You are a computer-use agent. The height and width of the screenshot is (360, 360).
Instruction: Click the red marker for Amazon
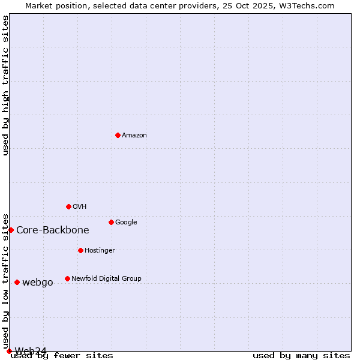[x=118, y=135]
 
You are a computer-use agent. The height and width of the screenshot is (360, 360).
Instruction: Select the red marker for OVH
[x=68, y=206]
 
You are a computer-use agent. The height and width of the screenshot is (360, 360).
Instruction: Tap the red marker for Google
[x=111, y=222]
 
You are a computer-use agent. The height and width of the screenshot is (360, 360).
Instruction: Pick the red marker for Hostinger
[x=80, y=250]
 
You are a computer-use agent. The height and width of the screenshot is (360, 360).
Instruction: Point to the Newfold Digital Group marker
[x=67, y=278]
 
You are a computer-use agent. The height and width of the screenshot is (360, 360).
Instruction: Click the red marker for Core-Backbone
[x=11, y=230]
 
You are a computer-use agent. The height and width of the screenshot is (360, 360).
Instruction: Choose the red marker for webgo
[x=17, y=282]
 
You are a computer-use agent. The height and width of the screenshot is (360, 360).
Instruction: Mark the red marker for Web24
[x=9, y=351]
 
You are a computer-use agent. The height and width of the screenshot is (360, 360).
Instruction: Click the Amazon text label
[x=134, y=136]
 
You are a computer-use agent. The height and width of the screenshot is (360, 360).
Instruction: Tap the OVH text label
[x=80, y=207]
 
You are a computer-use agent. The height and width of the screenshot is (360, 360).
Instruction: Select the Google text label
[x=126, y=223]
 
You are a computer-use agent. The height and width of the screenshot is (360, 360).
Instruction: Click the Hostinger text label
[x=100, y=251]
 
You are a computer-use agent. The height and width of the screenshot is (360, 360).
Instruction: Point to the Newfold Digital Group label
[x=106, y=279]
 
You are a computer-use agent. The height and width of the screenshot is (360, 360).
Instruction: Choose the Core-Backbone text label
[x=53, y=230]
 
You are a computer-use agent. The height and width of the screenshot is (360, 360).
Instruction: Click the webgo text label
[x=38, y=283]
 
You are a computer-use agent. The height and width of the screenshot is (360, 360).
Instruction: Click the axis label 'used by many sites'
[x=301, y=355]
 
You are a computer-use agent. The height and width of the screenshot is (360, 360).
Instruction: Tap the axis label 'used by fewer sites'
[x=62, y=355]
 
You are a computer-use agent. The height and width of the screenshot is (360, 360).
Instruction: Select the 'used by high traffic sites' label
[x=5, y=85]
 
